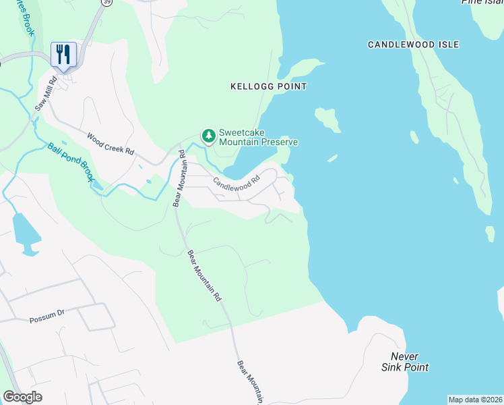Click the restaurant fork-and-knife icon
(64, 54)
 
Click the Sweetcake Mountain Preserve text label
(258, 138)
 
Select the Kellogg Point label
(268, 86)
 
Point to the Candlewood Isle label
(413, 45)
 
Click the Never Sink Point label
(405, 362)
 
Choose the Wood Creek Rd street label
(111, 142)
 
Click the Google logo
(22, 397)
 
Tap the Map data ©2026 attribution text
(475, 400)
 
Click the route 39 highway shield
(106, 3)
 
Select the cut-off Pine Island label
(482, 2)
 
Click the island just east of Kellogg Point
(327, 119)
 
